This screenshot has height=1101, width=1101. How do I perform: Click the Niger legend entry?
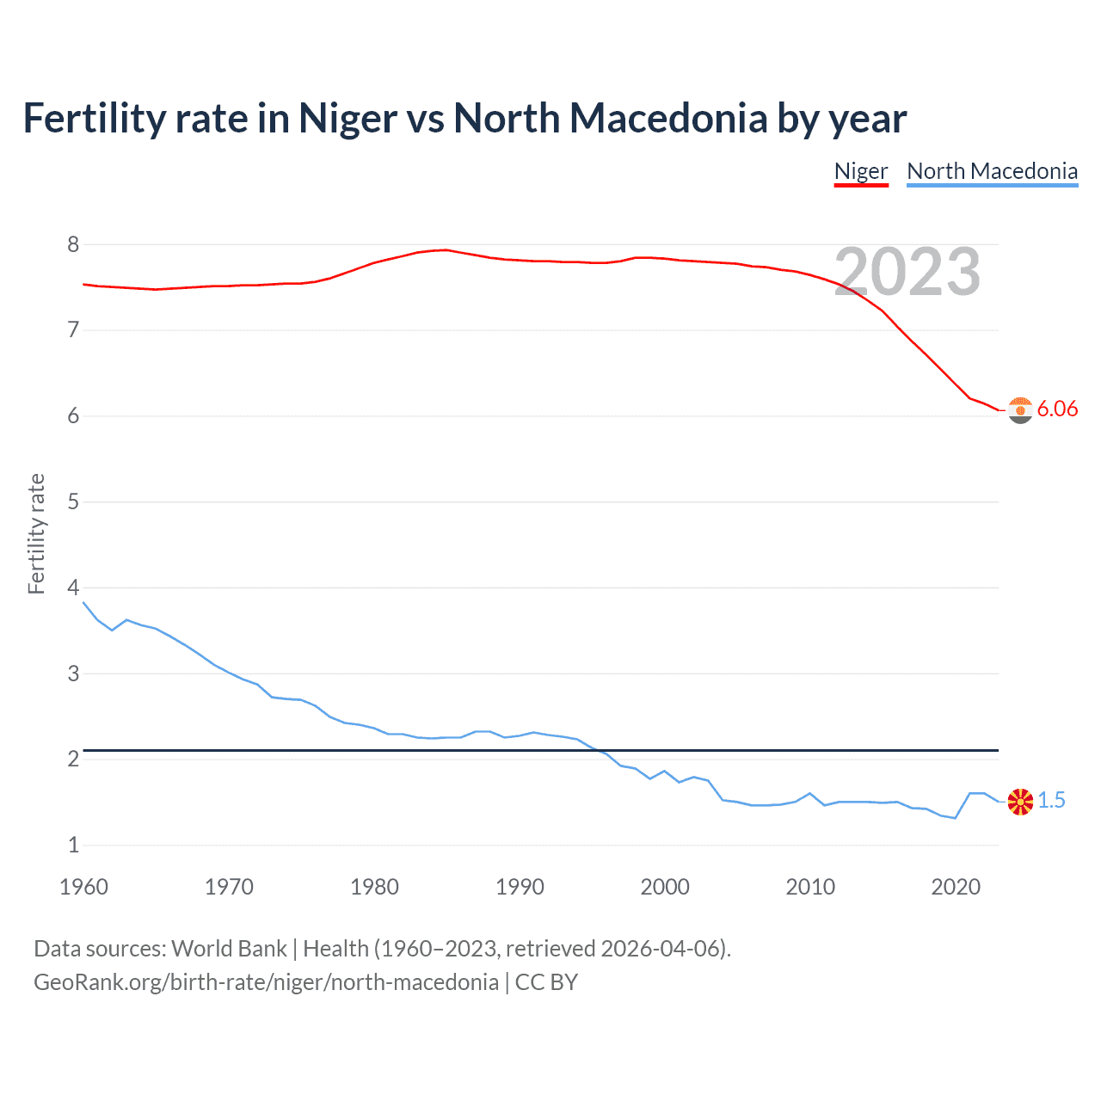pos(860,171)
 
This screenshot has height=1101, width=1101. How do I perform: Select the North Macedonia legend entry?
pos(992,171)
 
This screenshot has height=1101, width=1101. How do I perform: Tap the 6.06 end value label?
pos(1057,409)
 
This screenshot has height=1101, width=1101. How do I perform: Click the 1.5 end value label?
pos(1051,800)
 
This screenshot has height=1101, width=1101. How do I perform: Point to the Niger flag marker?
pos(1020,410)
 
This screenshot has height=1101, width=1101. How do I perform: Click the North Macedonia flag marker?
pos(1020,802)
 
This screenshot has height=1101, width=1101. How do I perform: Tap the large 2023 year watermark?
pos(907,272)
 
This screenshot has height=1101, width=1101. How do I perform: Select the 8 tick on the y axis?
pos(73,244)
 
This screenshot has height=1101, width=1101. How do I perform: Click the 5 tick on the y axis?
pos(73,501)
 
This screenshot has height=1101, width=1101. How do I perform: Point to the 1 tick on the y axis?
pos(73,845)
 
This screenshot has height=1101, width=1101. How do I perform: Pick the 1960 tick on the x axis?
pos(83,887)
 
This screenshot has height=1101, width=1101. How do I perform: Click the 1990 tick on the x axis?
pos(520,887)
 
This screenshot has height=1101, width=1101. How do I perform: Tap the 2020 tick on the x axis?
pos(956,887)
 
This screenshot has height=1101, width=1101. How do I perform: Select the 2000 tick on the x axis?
pos(665,887)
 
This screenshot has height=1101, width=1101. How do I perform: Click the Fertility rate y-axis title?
pos(36,533)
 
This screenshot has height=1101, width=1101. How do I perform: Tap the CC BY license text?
pos(546,982)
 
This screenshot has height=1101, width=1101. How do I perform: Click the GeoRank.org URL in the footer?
pos(266,982)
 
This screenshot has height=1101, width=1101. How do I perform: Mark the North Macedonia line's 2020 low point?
pos(955,818)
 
